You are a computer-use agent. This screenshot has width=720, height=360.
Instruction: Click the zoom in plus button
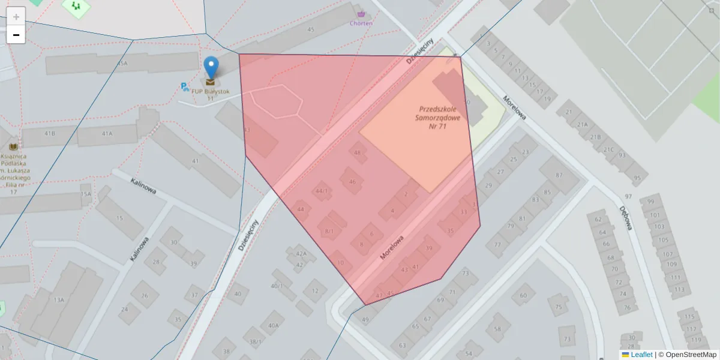[x=16, y=17]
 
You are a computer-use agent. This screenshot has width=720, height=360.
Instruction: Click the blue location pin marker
[x=211, y=68]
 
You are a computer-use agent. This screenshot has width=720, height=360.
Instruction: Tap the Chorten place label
[x=361, y=23]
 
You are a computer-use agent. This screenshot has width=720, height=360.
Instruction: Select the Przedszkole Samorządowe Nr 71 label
[x=440, y=118]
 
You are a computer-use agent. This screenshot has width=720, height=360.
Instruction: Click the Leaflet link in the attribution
[x=641, y=355]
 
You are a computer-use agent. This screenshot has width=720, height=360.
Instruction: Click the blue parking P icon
[x=185, y=87]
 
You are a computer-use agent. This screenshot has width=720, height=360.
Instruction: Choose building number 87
[x=559, y=175]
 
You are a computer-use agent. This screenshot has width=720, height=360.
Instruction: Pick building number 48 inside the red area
[x=358, y=153]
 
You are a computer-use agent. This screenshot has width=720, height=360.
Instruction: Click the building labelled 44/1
[x=322, y=191]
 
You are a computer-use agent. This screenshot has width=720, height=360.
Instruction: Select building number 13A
[x=58, y=300]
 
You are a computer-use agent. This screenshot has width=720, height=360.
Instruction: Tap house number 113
[x=679, y=290]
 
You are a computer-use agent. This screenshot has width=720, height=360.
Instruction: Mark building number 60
[x=523, y=295]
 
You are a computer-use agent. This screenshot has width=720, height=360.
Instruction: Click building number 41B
[x=49, y=133]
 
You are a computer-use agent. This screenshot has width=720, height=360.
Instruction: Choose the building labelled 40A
[x=274, y=326]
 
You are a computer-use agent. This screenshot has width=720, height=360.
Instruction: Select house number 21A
[x=581, y=125]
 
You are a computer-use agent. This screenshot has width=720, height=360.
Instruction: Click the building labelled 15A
[x=86, y=194]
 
